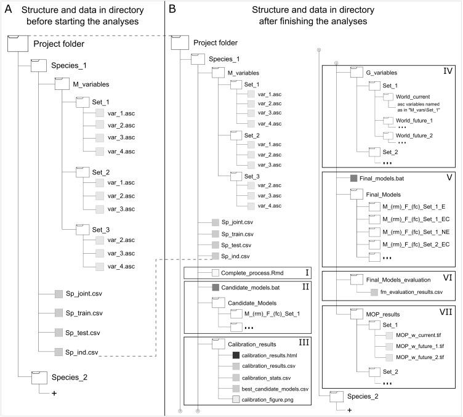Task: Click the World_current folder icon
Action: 387,97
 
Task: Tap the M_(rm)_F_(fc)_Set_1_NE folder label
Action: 416,232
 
